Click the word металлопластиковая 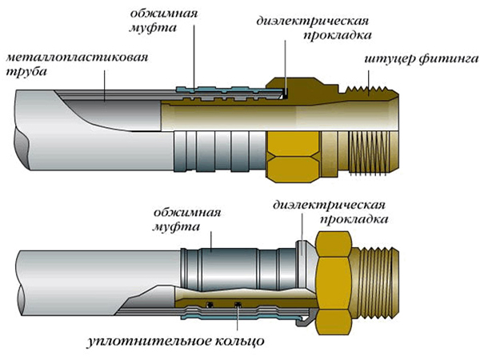click(x=77, y=58)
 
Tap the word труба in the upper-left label click(x=26, y=72)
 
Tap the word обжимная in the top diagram click(x=164, y=14)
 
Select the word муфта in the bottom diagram click(x=176, y=227)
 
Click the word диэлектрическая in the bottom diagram click(x=329, y=205)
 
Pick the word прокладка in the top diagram click(x=338, y=35)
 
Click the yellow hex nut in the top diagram click(x=294, y=157)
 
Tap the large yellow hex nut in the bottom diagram click(x=334, y=283)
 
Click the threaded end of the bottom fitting click(x=376, y=283)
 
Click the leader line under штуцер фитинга click(x=369, y=83)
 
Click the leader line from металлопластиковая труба click(x=104, y=86)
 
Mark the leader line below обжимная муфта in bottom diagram click(x=211, y=242)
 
